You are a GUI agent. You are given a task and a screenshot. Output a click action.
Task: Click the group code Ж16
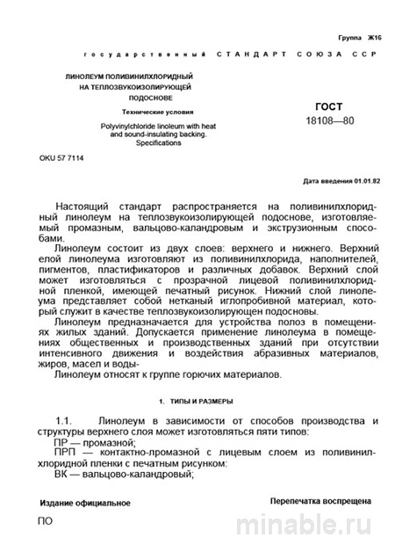(x=376, y=40)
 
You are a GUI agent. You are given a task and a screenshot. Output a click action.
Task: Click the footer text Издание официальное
(x=85, y=504)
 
